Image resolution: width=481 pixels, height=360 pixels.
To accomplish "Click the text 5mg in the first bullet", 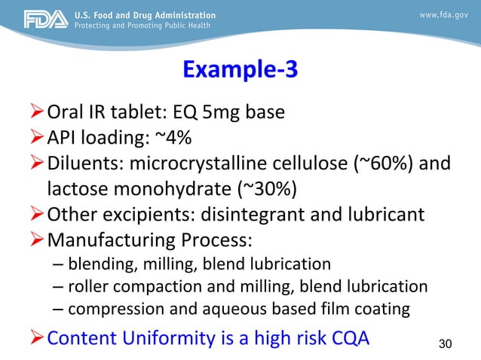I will tap(224, 113).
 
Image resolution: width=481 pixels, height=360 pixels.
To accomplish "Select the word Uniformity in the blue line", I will tap(173, 336).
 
